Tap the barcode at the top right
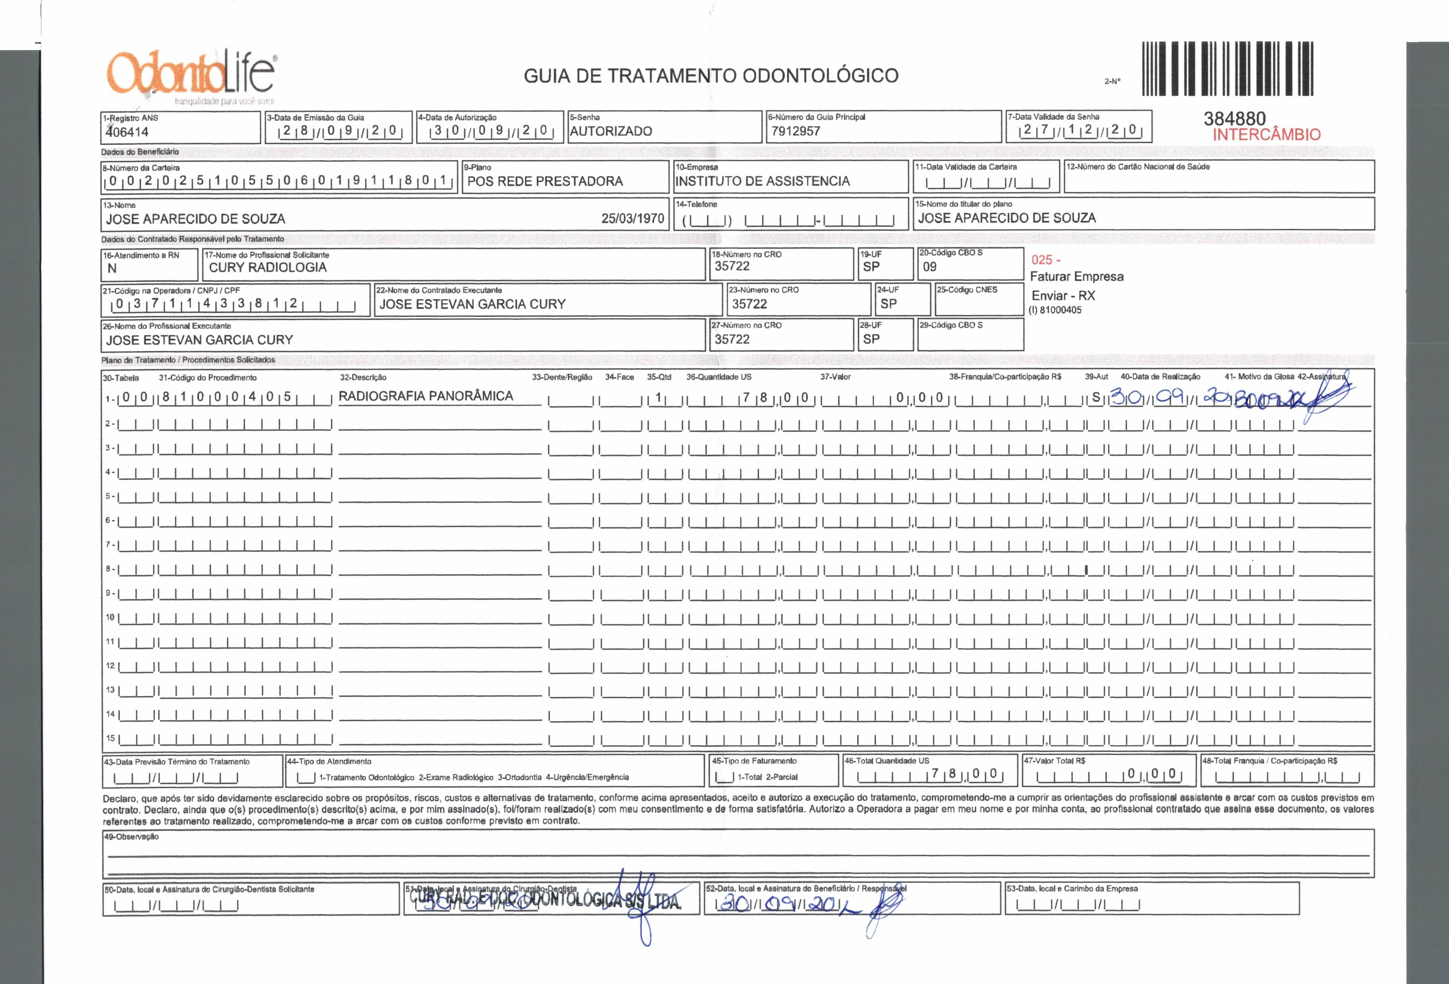click(1228, 69)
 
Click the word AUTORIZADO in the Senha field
click(611, 132)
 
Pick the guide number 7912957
click(795, 132)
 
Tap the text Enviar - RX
click(1063, 296)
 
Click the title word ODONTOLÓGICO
click(820, 76)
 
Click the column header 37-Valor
click(836, 377)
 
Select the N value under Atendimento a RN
click(112, 269)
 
